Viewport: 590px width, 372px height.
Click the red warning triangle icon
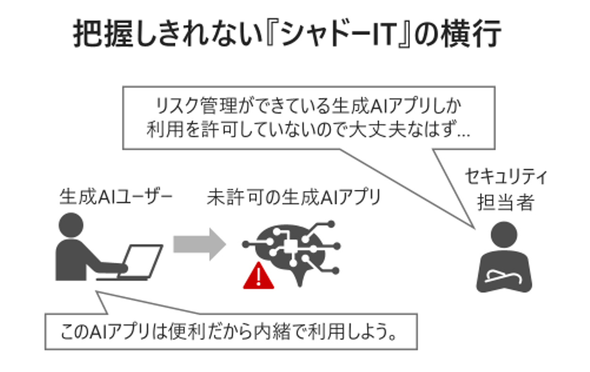(x=258, y=278)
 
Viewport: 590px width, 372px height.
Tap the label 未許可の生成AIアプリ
(x=293, y=198)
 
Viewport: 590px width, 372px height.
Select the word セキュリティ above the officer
(x=506, y=177)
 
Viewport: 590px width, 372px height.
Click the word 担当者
(x=506, y=203)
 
